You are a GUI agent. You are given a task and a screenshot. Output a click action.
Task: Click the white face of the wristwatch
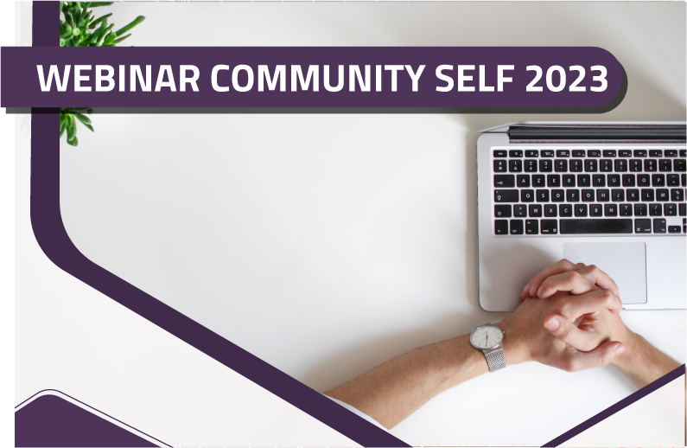tap(487, 336)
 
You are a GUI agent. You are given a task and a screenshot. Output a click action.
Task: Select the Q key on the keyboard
tap(528, 195)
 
